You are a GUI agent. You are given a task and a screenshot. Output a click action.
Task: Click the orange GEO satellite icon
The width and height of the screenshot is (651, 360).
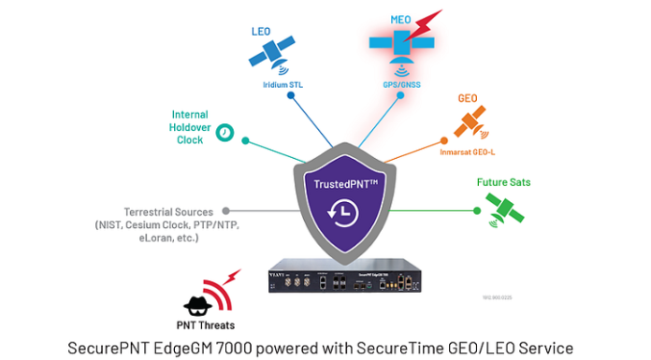(x=468, y=122)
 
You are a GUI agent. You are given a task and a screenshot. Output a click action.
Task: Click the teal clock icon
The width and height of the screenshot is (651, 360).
(x=224, y=134)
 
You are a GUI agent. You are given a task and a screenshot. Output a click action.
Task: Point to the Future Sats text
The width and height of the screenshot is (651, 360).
(x=503, y=182)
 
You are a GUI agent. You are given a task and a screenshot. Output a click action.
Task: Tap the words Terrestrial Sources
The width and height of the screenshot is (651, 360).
(x=168, y=211)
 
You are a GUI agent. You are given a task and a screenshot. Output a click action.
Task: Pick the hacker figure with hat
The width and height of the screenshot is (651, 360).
(x=196, y=303)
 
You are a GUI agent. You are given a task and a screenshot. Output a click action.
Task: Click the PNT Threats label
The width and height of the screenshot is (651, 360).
(x=211, y=325)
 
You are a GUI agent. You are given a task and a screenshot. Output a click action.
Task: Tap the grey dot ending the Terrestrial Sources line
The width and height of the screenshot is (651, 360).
(x=225, y=211)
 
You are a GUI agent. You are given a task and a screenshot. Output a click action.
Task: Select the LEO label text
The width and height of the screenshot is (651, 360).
(x=262, y=31)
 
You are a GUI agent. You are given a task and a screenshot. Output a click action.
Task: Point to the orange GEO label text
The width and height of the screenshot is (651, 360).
(x=468, y=98)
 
